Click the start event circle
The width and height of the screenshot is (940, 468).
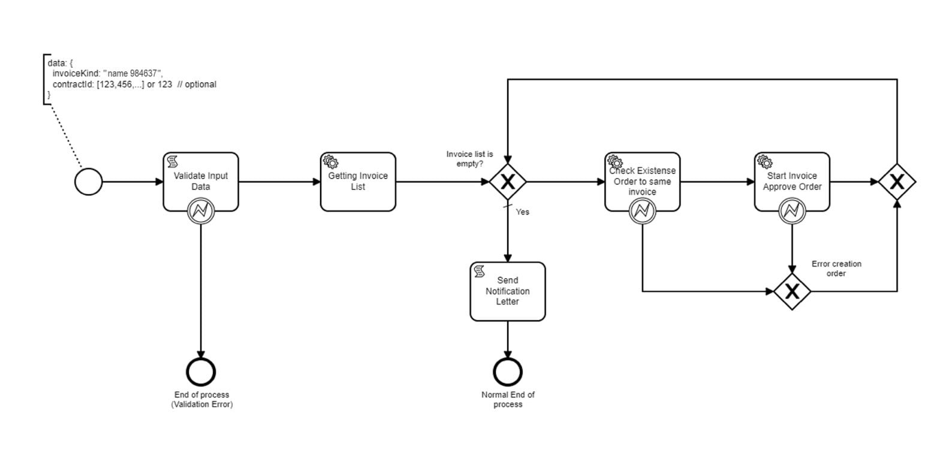tap(88, 182)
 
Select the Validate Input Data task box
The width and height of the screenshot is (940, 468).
tap(201, 177)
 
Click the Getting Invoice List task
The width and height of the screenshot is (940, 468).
tap(358, 182)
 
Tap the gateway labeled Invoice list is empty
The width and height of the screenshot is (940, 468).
tap(508, 182)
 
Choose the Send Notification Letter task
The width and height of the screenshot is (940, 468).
tap(508, 291)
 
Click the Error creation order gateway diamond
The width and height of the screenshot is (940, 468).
tap(792, 292)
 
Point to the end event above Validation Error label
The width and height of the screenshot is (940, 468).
tap(201, 372)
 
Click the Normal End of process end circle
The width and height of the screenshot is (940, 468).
tap(508, 372)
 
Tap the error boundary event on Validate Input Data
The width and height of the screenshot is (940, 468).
tap(201, 211)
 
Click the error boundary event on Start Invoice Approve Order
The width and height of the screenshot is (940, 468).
tap(792, 211)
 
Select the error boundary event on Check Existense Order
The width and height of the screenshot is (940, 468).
tap(642, 211)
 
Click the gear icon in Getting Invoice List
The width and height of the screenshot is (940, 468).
tap(331, 162)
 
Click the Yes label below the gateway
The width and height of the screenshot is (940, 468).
tap(523, 212)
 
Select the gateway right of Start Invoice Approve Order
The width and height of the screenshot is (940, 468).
tap(897, 182)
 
